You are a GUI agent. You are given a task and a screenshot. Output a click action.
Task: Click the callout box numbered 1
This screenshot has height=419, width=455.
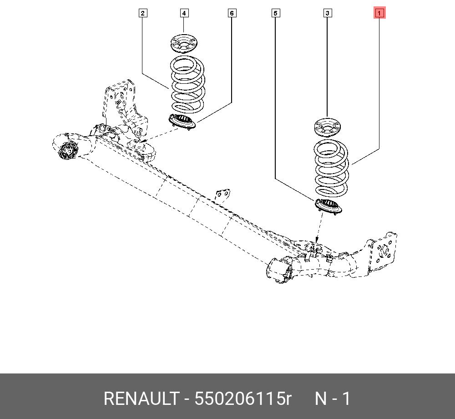379,13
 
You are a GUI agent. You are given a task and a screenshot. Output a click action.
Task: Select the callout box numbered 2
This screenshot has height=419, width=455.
143,13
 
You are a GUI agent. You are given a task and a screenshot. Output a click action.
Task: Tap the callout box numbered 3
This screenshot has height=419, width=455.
327,13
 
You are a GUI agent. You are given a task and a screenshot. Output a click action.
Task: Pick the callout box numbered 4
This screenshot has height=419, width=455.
184,13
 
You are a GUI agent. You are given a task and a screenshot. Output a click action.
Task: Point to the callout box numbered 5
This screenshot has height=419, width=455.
275,13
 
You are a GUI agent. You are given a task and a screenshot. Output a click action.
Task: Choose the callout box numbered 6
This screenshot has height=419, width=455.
232,13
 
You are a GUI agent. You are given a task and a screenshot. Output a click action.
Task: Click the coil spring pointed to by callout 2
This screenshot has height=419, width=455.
187,84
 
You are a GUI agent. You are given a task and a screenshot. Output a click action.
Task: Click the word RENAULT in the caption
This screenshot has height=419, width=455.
141,399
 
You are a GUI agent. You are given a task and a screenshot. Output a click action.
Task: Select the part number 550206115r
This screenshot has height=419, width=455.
243,399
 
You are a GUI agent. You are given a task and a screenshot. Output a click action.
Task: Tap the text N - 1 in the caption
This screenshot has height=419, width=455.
333,399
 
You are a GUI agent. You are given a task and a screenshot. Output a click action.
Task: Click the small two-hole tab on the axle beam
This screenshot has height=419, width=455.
222,195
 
